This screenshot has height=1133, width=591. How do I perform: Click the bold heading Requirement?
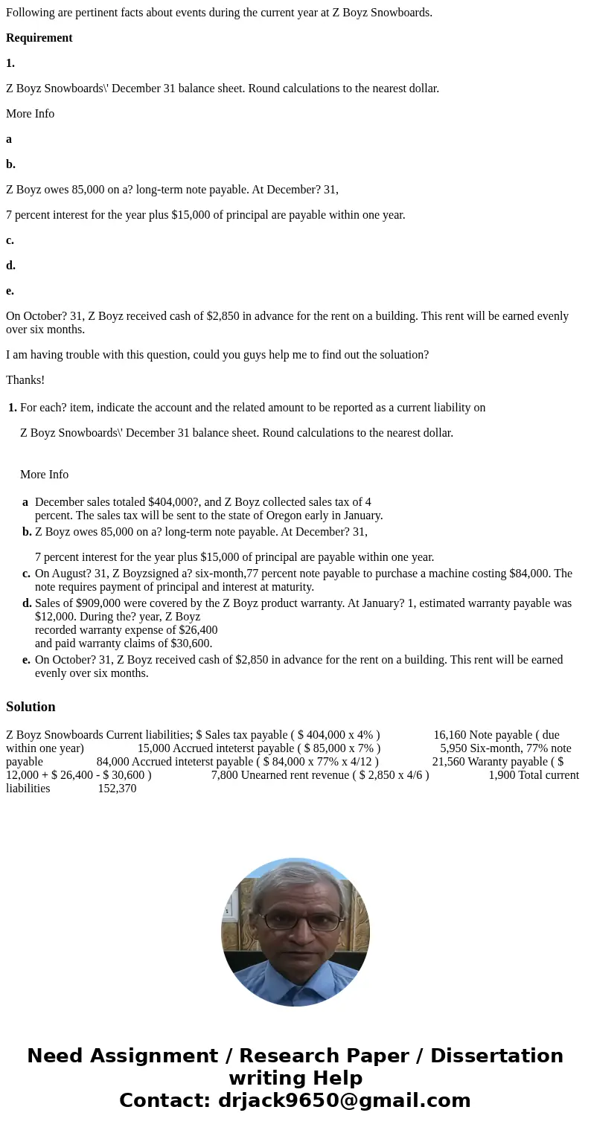[x=39, y=38]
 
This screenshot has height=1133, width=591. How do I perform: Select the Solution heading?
[x=31, y=707]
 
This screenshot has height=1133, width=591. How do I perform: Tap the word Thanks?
[x=25, y=380]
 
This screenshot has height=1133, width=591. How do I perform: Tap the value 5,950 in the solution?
[x=453, y=748]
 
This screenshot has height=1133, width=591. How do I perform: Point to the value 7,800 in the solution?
[x=225, y=775]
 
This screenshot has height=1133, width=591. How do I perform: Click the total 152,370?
[x=117, y=789]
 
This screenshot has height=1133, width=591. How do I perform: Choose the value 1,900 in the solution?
[x=502, y=775]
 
